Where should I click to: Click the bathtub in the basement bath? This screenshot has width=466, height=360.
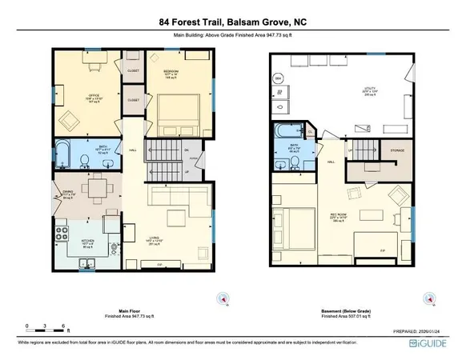pyautogui.click(x=284, y=133)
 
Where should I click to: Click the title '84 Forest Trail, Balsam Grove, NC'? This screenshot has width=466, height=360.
pyautogui.click(x=232, y=25)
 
